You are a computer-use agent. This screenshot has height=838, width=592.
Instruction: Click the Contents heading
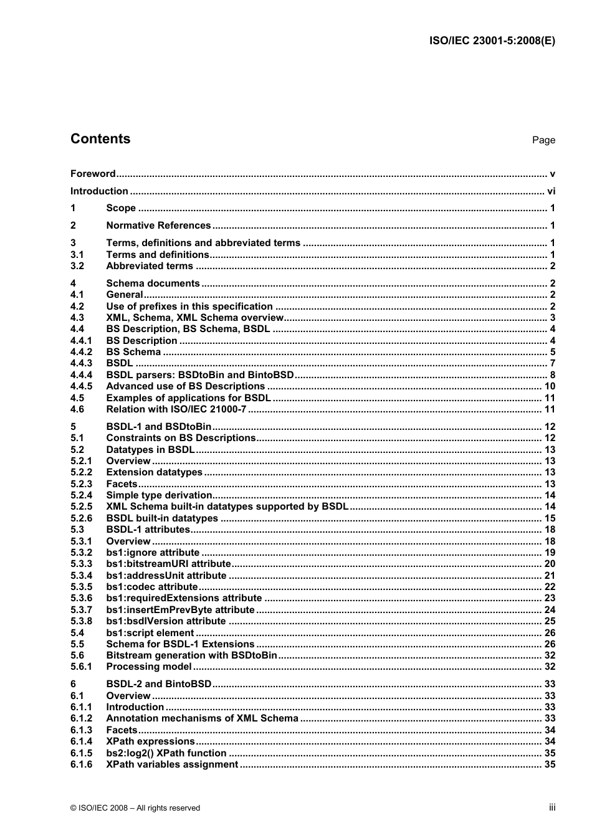click(100, 139)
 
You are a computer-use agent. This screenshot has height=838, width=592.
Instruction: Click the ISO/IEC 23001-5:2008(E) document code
click(492, 41)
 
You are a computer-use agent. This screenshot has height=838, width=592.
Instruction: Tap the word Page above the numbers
click(543, 140)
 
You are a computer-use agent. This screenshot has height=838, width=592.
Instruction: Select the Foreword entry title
click(93, 174)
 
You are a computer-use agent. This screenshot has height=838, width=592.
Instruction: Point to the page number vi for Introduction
click(551, 191)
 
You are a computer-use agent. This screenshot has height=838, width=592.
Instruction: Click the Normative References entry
click(158, 226)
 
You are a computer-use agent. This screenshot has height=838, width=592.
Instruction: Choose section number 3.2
click(77, 266)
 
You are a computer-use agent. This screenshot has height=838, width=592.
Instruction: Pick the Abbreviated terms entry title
click(150, 266)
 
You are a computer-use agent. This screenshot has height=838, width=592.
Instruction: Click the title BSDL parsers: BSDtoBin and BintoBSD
click(200, 375)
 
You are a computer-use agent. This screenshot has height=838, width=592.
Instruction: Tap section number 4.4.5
click(81, 386)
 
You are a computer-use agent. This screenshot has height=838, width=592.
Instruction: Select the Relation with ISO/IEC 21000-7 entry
click(176, 409)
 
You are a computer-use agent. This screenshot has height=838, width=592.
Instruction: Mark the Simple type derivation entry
click(159, 495)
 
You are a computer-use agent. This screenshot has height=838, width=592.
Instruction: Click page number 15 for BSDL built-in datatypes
click(550, 518)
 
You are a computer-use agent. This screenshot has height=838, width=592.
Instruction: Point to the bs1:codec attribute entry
click(152, 587)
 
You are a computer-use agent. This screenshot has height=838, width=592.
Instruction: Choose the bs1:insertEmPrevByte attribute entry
click(180, 610)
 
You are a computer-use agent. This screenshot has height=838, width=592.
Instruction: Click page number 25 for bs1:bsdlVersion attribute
click(550, 621)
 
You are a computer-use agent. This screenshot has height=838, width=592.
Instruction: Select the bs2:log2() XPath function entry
click(166, 753)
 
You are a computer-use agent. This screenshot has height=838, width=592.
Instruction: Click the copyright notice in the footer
click(135, 808)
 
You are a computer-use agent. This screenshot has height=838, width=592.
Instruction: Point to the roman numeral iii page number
click(552, 807)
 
